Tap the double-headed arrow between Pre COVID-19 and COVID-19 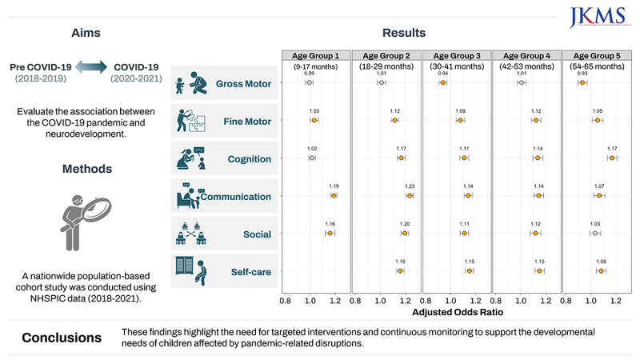pyautogui.click(x=91, y=66)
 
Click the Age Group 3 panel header pyautogui.click(x=457, y=55)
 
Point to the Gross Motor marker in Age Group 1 pyautogui.click(x=309, y=82)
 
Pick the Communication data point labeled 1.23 pyautogui.click(x=410, y=195)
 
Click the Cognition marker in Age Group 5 pyautogui.click(x=612, y=158)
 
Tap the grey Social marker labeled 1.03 pyautogui.click(x=595, y=233)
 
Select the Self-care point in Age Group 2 pyautogui.click(x=400, y=270)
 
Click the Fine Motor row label pyautogui.click(x=247, y=122)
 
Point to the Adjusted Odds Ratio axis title pyautogui.click(x=457, y=312)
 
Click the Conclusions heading pyautogui.click(x=62, y=338)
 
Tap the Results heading pyautogui.click(x=404, y=33)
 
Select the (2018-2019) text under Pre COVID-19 pyautogui.click(x=41, y=78)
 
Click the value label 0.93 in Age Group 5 pyautogui.click(x=582, y=74)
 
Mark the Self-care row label pyautogui.click(x=250, y=272)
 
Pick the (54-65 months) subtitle pyautogui.click(x=597, y=66)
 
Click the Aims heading pyautogui.click(x=86, y=33)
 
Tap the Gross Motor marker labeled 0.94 pyautogui.click(x=443, y=82)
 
